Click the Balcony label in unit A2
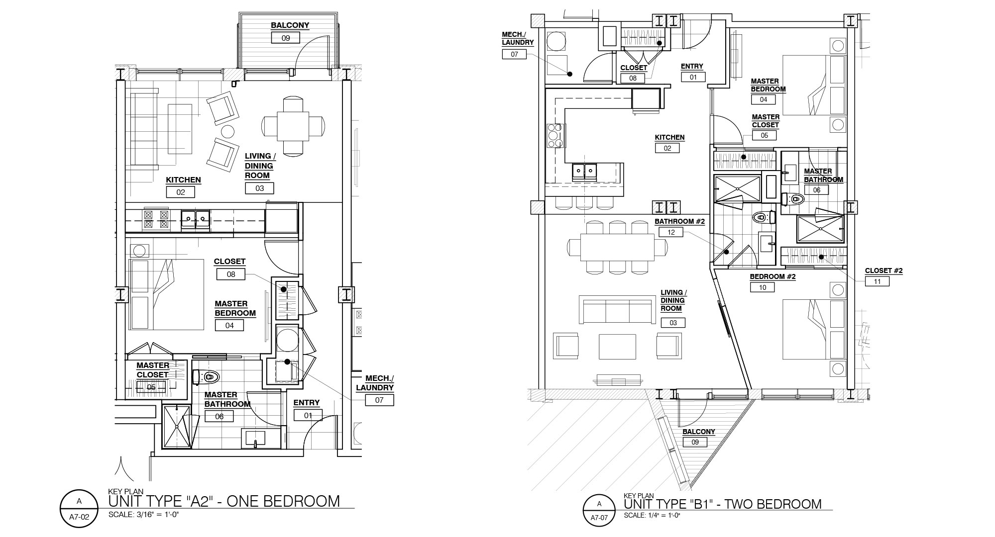tap(290, 25)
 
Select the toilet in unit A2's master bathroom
tap(205, 377)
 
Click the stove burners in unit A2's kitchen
tap(156, 219)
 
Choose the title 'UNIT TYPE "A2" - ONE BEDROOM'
tap(224, 501)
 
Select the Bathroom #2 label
tap(679, 222)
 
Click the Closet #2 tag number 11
tap(877, 281)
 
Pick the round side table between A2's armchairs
tap(227, 132)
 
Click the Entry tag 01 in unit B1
tap(693, 77)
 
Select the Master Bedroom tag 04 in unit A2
tap(229, 326)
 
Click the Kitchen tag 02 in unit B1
tap(667, 148)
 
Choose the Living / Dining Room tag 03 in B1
tap(673, 323)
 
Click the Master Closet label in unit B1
tap(766, 121)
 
